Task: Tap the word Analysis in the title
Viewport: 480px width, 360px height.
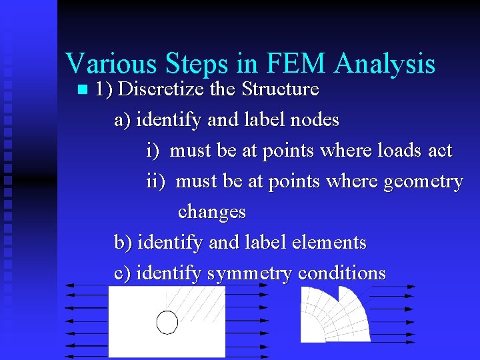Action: click(386, 65)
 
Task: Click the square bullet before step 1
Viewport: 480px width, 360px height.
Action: click(82, 89)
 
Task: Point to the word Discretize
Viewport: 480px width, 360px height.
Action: click(154, 89)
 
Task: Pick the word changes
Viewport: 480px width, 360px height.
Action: click(211, 212)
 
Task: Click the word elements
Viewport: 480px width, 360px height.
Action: click(329, 242)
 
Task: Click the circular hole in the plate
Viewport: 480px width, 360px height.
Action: click(167, 322)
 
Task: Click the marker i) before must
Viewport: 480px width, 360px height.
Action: click(153, 151)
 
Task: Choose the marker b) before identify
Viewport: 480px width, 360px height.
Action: click(123, 242)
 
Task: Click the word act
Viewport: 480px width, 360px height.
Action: click(440, 151)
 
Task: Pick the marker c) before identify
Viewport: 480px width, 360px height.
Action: click(123, 273)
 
